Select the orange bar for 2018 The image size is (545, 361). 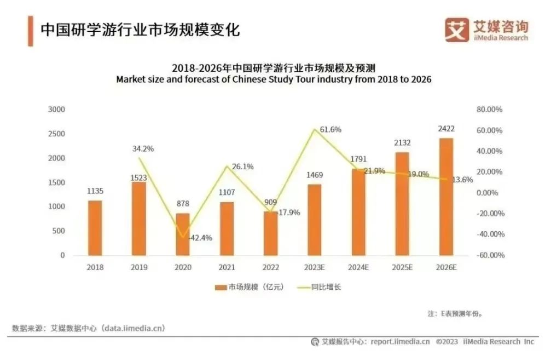click(x=95, y=228)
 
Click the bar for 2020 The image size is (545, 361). click(x=183, y=234)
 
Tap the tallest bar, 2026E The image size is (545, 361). click(x=446, y=197)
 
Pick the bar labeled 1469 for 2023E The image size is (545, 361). click(x=314, y=220)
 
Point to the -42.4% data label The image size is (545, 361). click(x=200, y=238)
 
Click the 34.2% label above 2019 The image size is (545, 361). click(x=143, y=148)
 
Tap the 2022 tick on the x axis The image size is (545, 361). click(x=270, y=267)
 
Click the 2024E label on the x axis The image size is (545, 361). click(x=358, y=267)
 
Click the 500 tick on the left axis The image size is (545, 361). click(x=59, y=231)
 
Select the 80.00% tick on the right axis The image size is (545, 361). click(x=489, y=110)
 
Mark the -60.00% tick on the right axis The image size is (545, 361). click(x=488, y=255)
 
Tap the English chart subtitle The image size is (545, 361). click(x=274, y=79)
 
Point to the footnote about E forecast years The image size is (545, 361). click(x=454, y=314)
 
